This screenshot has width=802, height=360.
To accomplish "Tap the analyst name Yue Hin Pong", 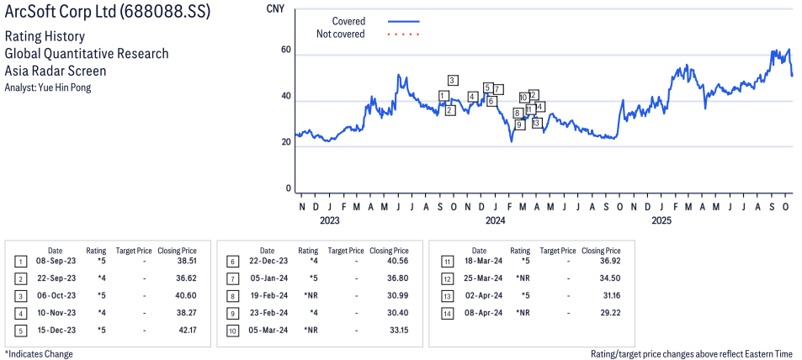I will click(48, 87).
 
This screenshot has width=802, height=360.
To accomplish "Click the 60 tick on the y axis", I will click(286, 50).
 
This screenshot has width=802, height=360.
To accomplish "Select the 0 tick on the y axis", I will click(289, 189).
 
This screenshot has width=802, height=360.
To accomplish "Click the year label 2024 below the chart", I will click(495, 221).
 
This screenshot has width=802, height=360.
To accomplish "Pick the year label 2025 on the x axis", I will click(661, 221).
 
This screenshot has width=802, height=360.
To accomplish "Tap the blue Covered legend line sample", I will click(403, 21).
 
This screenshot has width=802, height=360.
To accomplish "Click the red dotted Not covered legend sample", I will click(403, 34).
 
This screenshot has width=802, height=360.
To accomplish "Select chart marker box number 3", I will click(453, 80).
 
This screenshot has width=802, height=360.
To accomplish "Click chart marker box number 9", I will click(519, 124).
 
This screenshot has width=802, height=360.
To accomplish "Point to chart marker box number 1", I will click(443, 96).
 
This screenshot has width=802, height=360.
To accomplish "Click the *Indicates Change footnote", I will click(39, 354).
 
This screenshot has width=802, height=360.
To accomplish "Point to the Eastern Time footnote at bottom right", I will click(691, 354).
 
